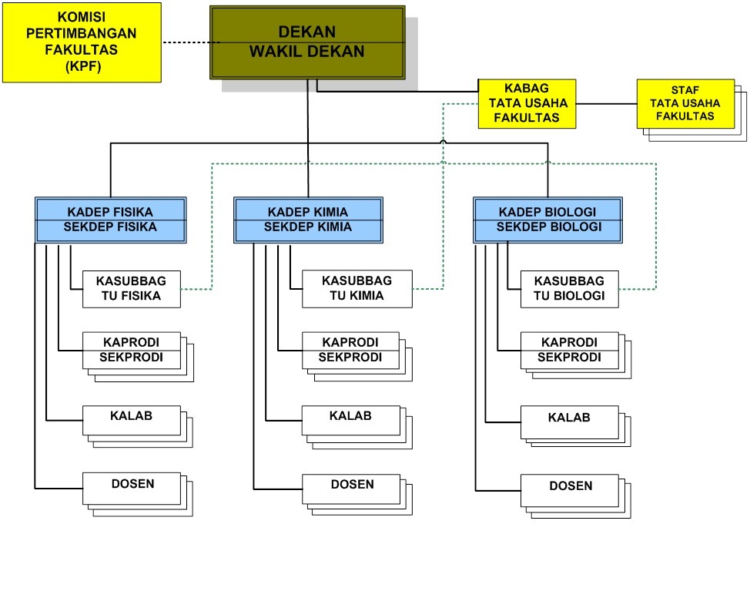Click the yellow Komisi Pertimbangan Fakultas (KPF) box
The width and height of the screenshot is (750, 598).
point(82,42)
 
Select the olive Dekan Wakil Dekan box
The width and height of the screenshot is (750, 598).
point(307,42)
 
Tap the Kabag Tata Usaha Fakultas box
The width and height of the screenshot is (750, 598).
point(527,103)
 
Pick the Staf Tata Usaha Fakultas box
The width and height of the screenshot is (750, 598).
point(685,103)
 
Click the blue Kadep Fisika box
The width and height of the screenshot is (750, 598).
point(111,220)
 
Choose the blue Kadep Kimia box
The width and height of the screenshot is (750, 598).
point(308,220)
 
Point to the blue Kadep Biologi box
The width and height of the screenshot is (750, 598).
point(548,220)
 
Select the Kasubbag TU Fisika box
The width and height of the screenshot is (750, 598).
point(132,289)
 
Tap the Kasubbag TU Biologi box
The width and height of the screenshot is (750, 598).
point(570,289)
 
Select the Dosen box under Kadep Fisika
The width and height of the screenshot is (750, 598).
point(132,489)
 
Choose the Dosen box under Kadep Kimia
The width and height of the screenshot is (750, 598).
point(351,489)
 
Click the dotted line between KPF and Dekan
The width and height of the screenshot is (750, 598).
point(186,43)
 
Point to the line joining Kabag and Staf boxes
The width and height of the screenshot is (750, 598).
point(607,103)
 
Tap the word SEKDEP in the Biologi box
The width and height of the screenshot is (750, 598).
point(521,227)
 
